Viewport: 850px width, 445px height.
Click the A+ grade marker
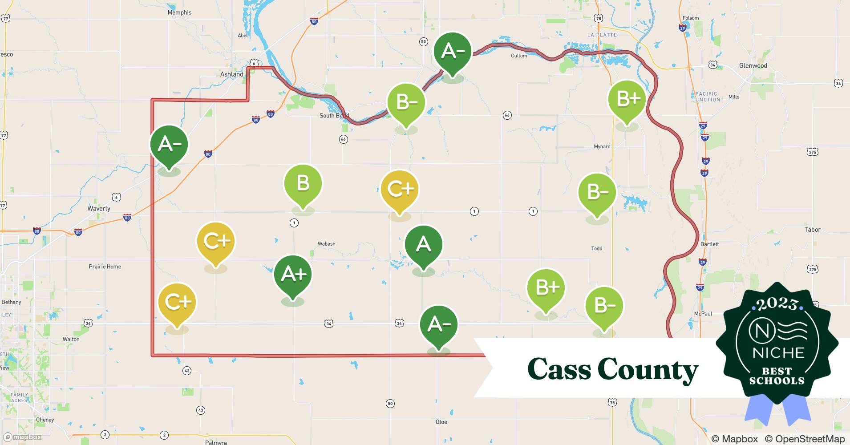pyautogui.click(x=293, y=275)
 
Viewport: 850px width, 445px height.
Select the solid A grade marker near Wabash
pyautogui.click(x=423, y=245)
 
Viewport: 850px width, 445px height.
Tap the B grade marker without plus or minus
pyautogui.click(x=303, y=184)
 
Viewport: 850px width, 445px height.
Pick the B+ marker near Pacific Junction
pyautogui.click(x=627, y=99)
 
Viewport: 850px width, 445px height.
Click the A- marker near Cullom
pyautogui.click(x=453, y=52)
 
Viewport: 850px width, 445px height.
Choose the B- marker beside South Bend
pyautogui.click(x=406, y=103)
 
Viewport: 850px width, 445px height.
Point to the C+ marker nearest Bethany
pyautogui.click(x=177, y=303)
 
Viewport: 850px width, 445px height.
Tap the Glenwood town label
pyautogui.click(x=753, y=66)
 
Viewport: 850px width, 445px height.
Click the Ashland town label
pyautogui.click(x=232, y=74)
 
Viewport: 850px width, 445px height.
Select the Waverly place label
pyautogui.click(x=99, y=208)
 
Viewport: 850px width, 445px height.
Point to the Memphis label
pyautogui.click(x=179, y=12)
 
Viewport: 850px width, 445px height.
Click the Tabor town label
pyautogui.click(x=812, y=230)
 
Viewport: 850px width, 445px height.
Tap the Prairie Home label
pyautogui.click(x=105, y=267)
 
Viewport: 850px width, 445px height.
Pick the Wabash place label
pyautogui.click(x=326, y=244)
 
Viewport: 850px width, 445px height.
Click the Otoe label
pyautogui.click(x=441, y=422)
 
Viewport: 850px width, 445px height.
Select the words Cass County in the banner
pyautogui.click(x=612, y=369)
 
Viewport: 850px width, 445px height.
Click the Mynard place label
pyautogui.click(x=602, y=146)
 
